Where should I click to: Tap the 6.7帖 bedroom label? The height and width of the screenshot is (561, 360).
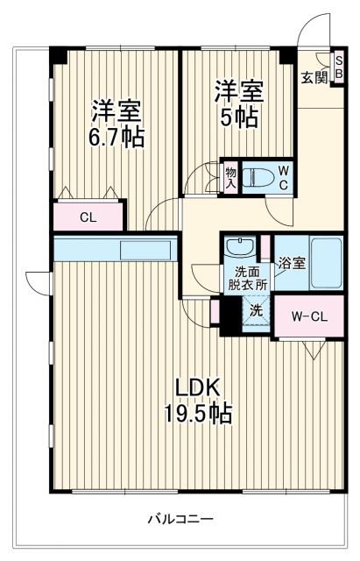coord(116,124)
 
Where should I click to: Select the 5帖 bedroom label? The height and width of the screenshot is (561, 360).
coord(238,104)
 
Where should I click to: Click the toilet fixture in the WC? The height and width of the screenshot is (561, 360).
coord(258,174)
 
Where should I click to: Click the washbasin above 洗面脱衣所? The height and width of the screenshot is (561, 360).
coord(240,246)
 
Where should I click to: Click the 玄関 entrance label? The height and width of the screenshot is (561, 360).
coord(314,77)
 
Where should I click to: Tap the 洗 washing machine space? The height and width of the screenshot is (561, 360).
coord(255,310)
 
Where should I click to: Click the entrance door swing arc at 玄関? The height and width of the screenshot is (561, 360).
coord(309,31)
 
